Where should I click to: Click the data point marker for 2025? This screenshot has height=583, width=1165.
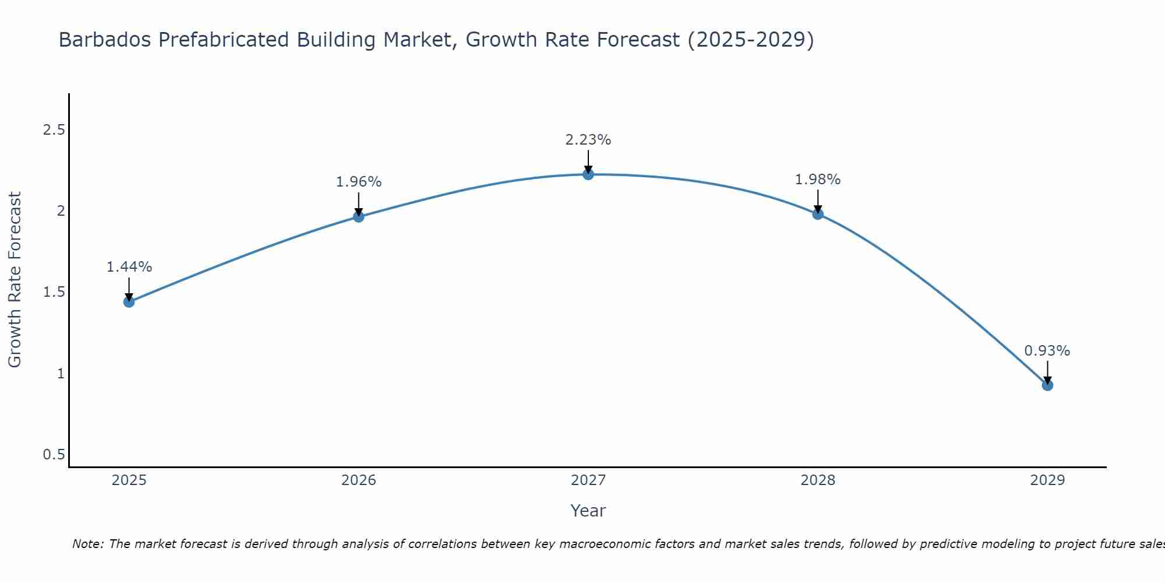pyautogui.click(x=129, y=301)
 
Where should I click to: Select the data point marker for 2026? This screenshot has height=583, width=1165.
pyautogui.click(x=359, y=217)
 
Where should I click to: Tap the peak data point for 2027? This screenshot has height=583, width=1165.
pyautogui.click(x=588, y=174)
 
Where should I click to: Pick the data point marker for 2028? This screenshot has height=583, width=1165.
pyautogui.click(x=818, y=214)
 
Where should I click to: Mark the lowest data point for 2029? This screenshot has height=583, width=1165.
pyautogui.click(x=1047, y=385)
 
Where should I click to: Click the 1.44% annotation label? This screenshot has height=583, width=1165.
pyautogui.click(x=129, y=267)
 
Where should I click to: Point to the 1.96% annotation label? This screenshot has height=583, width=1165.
pyautogui.click(x=359, y=182)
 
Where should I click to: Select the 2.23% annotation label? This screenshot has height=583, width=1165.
pyautogui.click(x=588, y=140)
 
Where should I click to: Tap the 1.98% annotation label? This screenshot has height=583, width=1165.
pyautogui.click(x=818, y=180)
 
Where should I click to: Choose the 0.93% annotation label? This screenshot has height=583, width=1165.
pyautogui.click(x=1047, y=351)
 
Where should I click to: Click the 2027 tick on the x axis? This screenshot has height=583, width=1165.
pyautogui.click(x=588, y=480)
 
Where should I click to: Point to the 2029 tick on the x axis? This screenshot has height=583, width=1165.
pyautogui.click(x=1047, y=480)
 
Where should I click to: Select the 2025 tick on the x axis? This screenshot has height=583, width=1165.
pyautogui.click(x=129, y=480)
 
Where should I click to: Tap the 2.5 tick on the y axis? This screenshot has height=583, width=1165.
pyautogui.click(x=54, y=129)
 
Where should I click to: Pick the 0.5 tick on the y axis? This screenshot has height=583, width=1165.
pyautogui.click(x=54, y=454)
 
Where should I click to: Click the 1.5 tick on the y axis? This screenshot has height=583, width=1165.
pyautogui.click(x=54, y=292)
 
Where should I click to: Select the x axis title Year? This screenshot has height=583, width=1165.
pyautogui.click(x=588, y=511)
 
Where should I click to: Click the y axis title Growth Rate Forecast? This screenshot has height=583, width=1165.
pyautogui.click(x=15, y=280)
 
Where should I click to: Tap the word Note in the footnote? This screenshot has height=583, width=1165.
pyautogui.click(x=87, y=544)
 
